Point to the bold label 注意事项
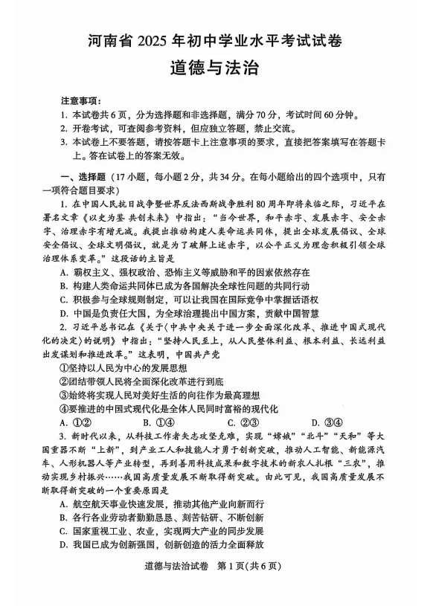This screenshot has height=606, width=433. click(81, 100)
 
